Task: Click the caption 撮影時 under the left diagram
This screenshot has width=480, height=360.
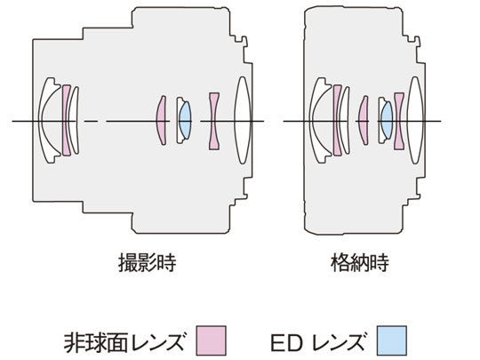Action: pyautogui.click(x=148, y=262)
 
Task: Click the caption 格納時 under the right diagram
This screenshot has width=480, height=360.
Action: pyautogui.click(x=360, y=262)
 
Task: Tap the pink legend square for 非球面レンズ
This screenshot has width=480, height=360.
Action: pyautogui.click(x=212, y=340)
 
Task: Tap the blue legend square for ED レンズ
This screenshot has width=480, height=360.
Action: pyautogui.click(x=392, y=340)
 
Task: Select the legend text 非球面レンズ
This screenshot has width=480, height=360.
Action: pyautogui.click(x=124, y=342)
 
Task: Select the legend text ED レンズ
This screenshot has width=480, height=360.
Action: pyautogui.click(x=318, y=342)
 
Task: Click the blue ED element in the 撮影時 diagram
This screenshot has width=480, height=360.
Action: pyautogui.click(x=185, y=120)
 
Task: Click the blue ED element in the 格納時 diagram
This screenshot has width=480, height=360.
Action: pyautogui.click(x=387, y=120)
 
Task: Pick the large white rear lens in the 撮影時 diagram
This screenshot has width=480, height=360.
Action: pyautogui.click(x=243, y=120)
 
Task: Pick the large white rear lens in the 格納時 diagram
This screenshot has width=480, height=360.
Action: pyautogui.click(x=415, y=120)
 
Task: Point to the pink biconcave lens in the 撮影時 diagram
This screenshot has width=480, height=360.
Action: pyautogui.click(x=214, y=121)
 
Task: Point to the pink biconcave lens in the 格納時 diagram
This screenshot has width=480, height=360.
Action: pyautogui.click(x=399, y=121)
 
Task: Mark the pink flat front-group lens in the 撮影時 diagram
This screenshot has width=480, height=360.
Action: pyautogui.click(x=66, y=120)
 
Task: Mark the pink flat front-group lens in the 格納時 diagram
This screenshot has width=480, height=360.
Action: pyautogui.click(x=337, y=120)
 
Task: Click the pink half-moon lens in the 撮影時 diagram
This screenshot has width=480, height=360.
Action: pyautogui.click(x=161, y=120)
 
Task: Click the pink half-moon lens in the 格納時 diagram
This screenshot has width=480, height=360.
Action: pyautogui.click(x=364, y=120)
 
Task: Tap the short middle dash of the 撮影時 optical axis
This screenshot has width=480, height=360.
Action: pyautogui.click(x=91, y=121)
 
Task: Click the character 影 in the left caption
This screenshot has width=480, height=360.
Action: pyautogui.click(x=148, y=262)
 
